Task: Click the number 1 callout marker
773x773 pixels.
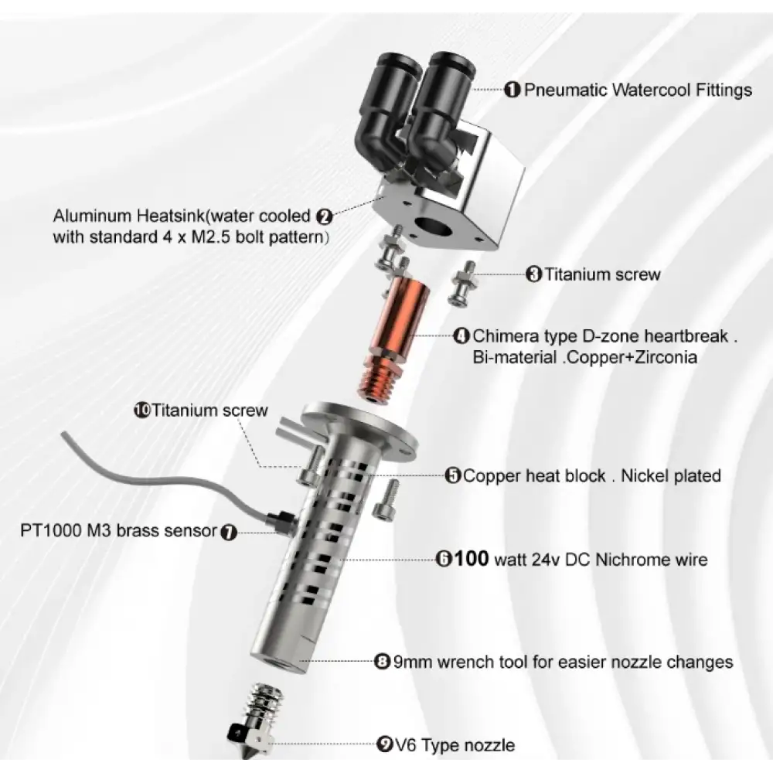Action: click(512, 90)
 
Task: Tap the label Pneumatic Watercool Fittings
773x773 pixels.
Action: click(638, 90)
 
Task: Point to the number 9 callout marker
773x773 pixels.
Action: click(383, 745)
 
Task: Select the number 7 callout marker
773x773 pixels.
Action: click(229, 531)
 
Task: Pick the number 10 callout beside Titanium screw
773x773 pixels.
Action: click(141, 410)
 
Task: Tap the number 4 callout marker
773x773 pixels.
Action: click(461, 336)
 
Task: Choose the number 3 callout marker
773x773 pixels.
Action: click(534, 274)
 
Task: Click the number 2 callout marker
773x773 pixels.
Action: click(325, 216)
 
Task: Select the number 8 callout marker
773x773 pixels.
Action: click(383, 662)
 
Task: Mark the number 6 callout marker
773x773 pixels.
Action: click(444, 559)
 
